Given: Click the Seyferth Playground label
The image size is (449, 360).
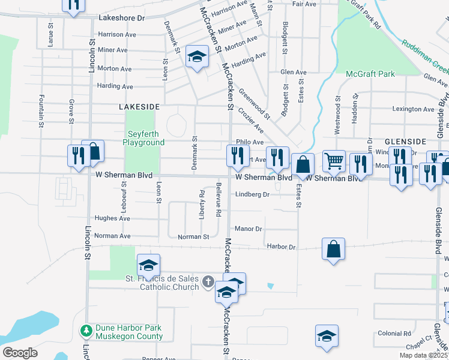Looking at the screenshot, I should (x=143, y=138).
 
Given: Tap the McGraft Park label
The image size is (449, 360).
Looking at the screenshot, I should (x=370, y=74).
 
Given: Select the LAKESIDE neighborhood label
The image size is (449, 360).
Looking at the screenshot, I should (x=139, y=106).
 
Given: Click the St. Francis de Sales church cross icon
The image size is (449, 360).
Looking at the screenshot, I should (x=208, y=280).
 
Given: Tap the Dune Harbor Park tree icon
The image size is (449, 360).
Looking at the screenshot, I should (x=86, y=329).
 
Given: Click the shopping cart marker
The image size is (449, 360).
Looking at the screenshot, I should (x=334, y=160).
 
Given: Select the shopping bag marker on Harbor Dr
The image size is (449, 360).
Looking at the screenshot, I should (x=333, y=248).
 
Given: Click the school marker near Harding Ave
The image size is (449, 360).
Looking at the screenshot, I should (x=196, y=56).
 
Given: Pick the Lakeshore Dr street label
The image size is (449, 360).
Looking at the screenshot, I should (x=121, y=18).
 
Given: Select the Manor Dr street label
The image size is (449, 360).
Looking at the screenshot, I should (x=249, y=229).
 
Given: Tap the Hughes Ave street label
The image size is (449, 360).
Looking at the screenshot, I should (x=112, y=218).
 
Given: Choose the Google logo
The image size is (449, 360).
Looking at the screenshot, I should (x=20, y=353).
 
